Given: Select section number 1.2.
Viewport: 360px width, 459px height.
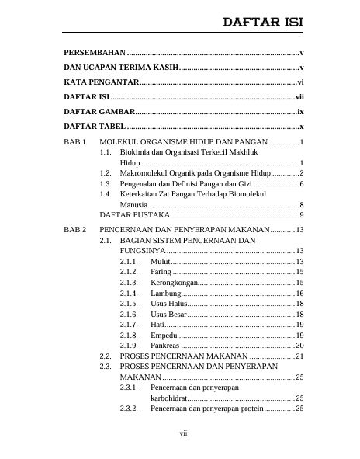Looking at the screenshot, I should pyautogui.click(x=106, y=172).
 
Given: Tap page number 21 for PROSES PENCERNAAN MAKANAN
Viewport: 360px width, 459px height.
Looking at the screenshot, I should pyautogui.click(x=299, y=356).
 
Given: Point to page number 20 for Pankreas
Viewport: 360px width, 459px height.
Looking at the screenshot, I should pyautogui.click(x=299, y=345).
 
